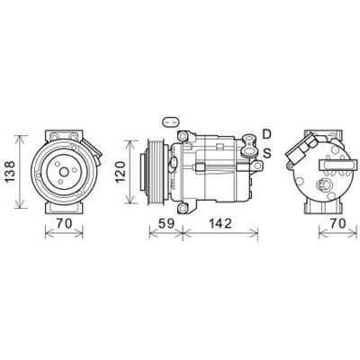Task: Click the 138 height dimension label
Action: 10,172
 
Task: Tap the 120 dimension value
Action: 121,172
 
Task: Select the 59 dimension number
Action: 166,223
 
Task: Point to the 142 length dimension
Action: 220,223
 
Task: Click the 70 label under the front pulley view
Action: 65,223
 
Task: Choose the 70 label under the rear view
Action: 338,223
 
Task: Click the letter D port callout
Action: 266,134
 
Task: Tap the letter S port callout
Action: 267,153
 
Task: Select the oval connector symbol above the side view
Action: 171,121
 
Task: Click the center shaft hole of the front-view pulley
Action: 64,172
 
